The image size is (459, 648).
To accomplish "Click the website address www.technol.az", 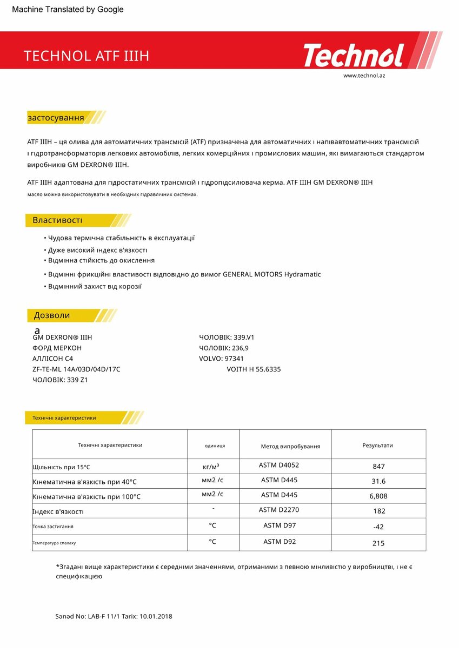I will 364,76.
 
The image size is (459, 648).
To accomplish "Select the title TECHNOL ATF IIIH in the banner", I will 86,56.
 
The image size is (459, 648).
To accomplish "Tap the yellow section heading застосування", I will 56,118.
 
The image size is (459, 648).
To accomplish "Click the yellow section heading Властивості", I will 57,220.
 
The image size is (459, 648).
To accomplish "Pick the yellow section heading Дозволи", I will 52,315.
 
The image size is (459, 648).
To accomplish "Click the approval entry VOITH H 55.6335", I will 254,369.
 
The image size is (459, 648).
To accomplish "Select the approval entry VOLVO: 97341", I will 221,359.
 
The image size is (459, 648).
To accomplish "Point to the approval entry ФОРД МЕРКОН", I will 57,348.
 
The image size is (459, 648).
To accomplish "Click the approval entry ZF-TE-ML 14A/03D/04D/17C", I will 76,369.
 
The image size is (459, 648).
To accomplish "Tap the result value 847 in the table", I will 378,467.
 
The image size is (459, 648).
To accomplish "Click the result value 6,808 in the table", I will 378,496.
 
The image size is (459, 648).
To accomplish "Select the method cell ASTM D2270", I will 279,510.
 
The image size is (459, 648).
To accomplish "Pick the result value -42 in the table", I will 378,527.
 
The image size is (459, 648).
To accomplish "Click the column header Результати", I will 377,446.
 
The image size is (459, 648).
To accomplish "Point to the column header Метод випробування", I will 290,447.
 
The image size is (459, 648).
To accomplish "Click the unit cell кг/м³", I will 211,467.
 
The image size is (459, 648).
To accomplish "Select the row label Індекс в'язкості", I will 58,511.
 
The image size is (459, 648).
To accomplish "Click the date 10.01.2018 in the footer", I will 156,616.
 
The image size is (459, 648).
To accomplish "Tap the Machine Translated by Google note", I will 68,9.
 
